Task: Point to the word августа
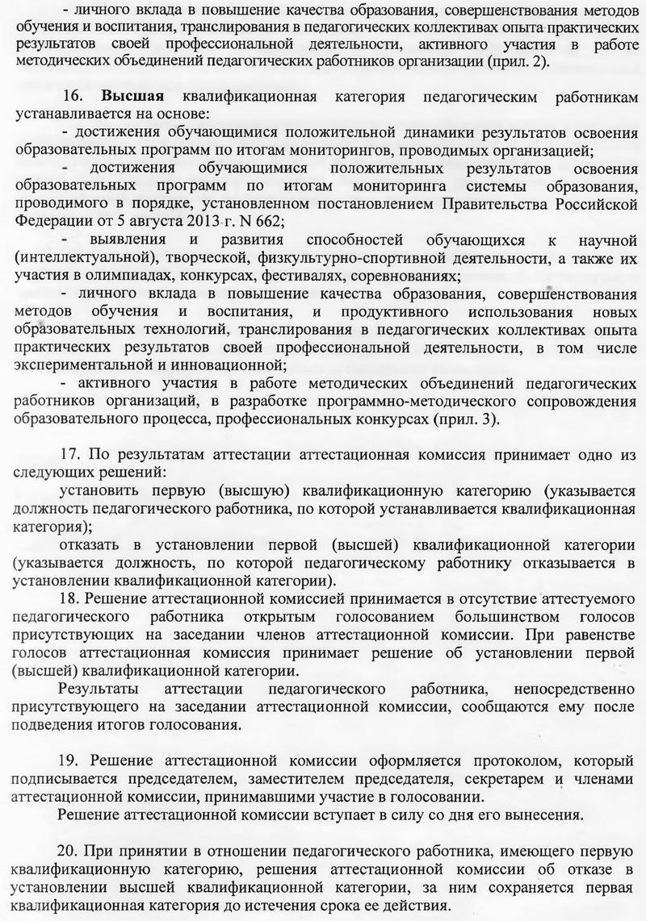pos(131,219)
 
